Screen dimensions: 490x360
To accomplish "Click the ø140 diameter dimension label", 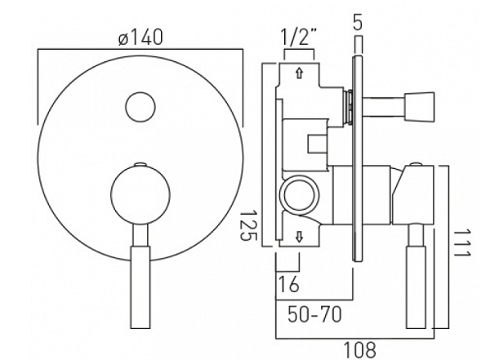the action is (x=141, y=37).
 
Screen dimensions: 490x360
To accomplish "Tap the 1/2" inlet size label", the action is (x=299, y=37).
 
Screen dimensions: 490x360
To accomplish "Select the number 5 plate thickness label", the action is (x=359, y=22).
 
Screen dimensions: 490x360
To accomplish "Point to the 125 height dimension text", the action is (x=248, y=225).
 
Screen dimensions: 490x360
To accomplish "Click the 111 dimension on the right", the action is (x=462, y=242).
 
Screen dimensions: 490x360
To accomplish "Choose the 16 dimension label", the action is (x=288, y=284).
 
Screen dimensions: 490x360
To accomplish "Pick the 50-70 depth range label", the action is (x=314, y=314).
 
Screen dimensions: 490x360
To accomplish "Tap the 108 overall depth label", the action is (x=359, y=350).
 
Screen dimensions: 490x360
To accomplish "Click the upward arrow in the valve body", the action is (x=300, y=73).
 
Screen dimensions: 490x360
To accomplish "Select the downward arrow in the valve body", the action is (x=300, y=237).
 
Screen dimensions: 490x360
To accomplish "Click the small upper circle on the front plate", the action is (x=140, y=107).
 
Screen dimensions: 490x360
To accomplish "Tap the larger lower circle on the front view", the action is (x=140, y=195).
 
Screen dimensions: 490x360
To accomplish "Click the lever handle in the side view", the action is (x=416, y=276).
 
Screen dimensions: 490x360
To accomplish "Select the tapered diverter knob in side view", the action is (x=419, y=107).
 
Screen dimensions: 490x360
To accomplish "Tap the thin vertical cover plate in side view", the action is (x=358, y=158).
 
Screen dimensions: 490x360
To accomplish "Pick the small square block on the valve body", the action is (x=317, y=143).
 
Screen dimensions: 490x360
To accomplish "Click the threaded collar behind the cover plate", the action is (x=348, y=107).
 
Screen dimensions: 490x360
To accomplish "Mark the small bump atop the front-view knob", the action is (x=140, y=164).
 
